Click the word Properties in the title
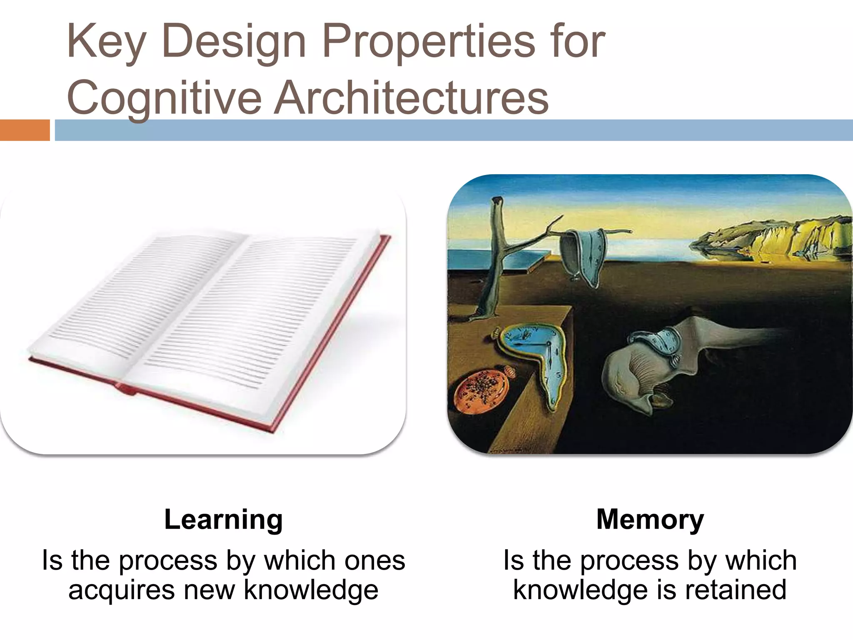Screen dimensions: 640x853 click(x=429, y=42)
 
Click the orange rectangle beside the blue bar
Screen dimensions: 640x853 click(x=25, y=130)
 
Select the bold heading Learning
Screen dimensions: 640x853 click(x=224, y=520)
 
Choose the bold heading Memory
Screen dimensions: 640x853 click(x=650, y=520)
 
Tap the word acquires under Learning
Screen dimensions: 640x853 click(x=121, y=590)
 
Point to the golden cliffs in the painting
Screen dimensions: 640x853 click(x=771, y=237)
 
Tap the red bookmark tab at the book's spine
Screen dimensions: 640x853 click(x=125, y=390)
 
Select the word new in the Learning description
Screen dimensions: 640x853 click(x=209, y=590)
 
